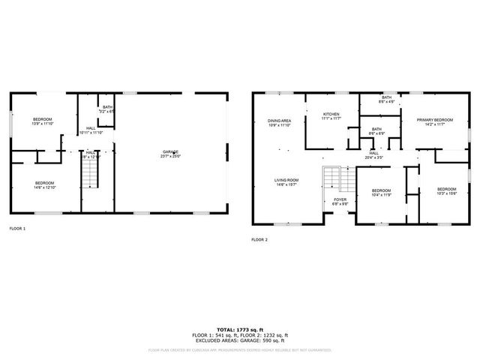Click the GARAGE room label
(x=171, y=154)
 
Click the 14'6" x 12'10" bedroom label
(x=44, y=186)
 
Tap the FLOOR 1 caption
(x=17, y=228)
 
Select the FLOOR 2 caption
(x=259, y=240)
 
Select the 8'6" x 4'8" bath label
(x=386, y=100)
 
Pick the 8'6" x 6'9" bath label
(x=376, y=131)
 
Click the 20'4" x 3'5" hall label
(x=373, y=155)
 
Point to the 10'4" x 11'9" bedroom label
(x=382, y=192)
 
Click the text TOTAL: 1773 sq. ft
(x=241, y=329)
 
